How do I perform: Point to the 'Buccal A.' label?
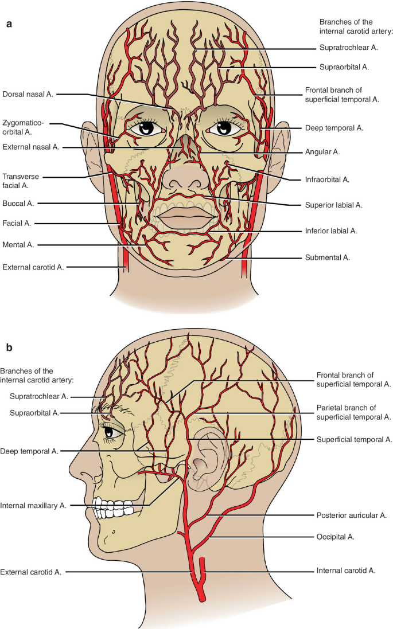(18, 203)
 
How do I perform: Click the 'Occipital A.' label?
(335, 537)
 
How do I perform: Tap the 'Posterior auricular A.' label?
(351, 515)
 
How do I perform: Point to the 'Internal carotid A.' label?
(345, 571)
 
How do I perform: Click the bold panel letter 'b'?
(9, 347)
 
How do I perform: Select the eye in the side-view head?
(113, 431)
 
